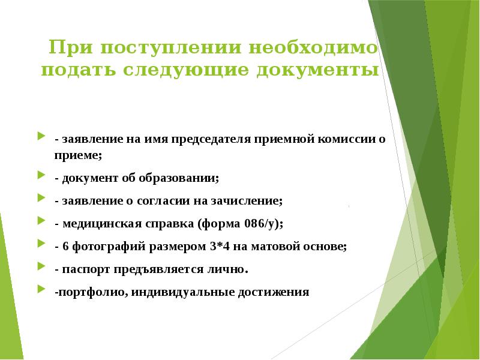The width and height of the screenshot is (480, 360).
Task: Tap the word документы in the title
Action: click(x=318, y=71)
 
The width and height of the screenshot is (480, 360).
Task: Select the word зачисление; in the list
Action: click(x=246, y=201)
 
